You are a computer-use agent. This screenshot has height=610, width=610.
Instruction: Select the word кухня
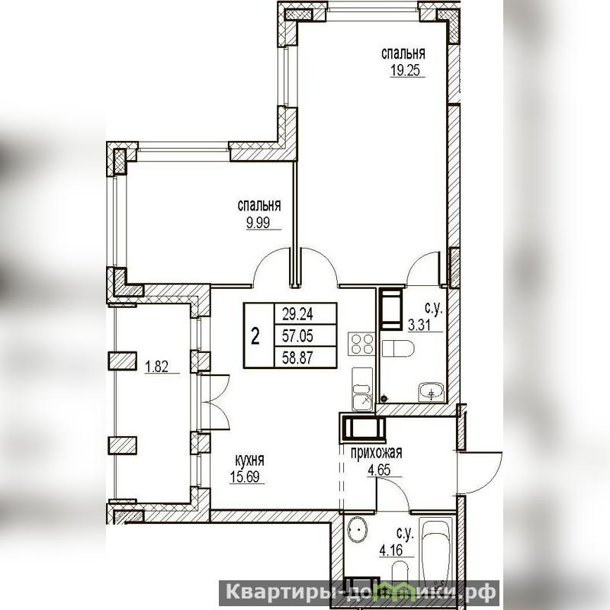(x=250, y=461)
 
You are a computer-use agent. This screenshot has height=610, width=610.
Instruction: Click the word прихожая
(x=376, y=453)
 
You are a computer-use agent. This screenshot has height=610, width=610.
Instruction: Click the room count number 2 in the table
(x=255, y=336)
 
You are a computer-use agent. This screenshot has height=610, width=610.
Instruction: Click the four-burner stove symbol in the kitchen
(x=361, y=344)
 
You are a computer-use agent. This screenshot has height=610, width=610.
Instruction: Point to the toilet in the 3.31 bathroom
(x=397, y=348)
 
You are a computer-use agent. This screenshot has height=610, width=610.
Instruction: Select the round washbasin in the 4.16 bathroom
(x=358, y=530)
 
